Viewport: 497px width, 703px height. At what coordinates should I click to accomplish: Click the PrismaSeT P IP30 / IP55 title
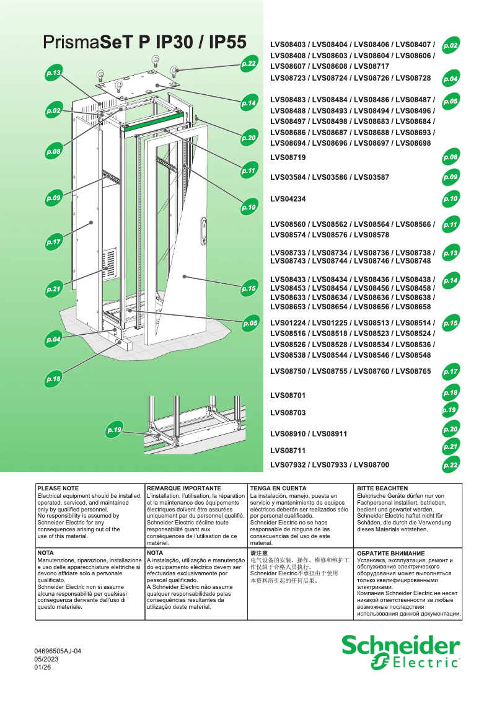[146, 43]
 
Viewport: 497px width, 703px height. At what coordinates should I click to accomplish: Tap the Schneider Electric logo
[401, 653]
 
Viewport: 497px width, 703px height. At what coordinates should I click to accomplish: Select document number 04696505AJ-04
[58, 651]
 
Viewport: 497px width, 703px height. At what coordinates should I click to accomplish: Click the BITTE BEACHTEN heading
[382, 489]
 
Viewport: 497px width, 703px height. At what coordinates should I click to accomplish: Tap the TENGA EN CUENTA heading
[278, 489]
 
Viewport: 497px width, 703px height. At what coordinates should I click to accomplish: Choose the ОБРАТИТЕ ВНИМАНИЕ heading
[390, 552]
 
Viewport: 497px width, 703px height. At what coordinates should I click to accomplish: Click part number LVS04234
[288, 199]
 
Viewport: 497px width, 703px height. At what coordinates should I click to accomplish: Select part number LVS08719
[288, 158]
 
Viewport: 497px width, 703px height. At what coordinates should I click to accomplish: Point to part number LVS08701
[288, 395]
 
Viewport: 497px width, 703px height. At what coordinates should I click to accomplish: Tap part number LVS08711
[288, 451]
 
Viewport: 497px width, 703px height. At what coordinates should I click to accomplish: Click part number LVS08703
[288, 412]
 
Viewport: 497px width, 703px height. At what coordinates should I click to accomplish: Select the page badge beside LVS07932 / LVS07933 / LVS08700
[451, 465]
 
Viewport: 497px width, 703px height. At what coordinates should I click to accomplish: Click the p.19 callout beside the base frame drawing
[115, 429]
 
